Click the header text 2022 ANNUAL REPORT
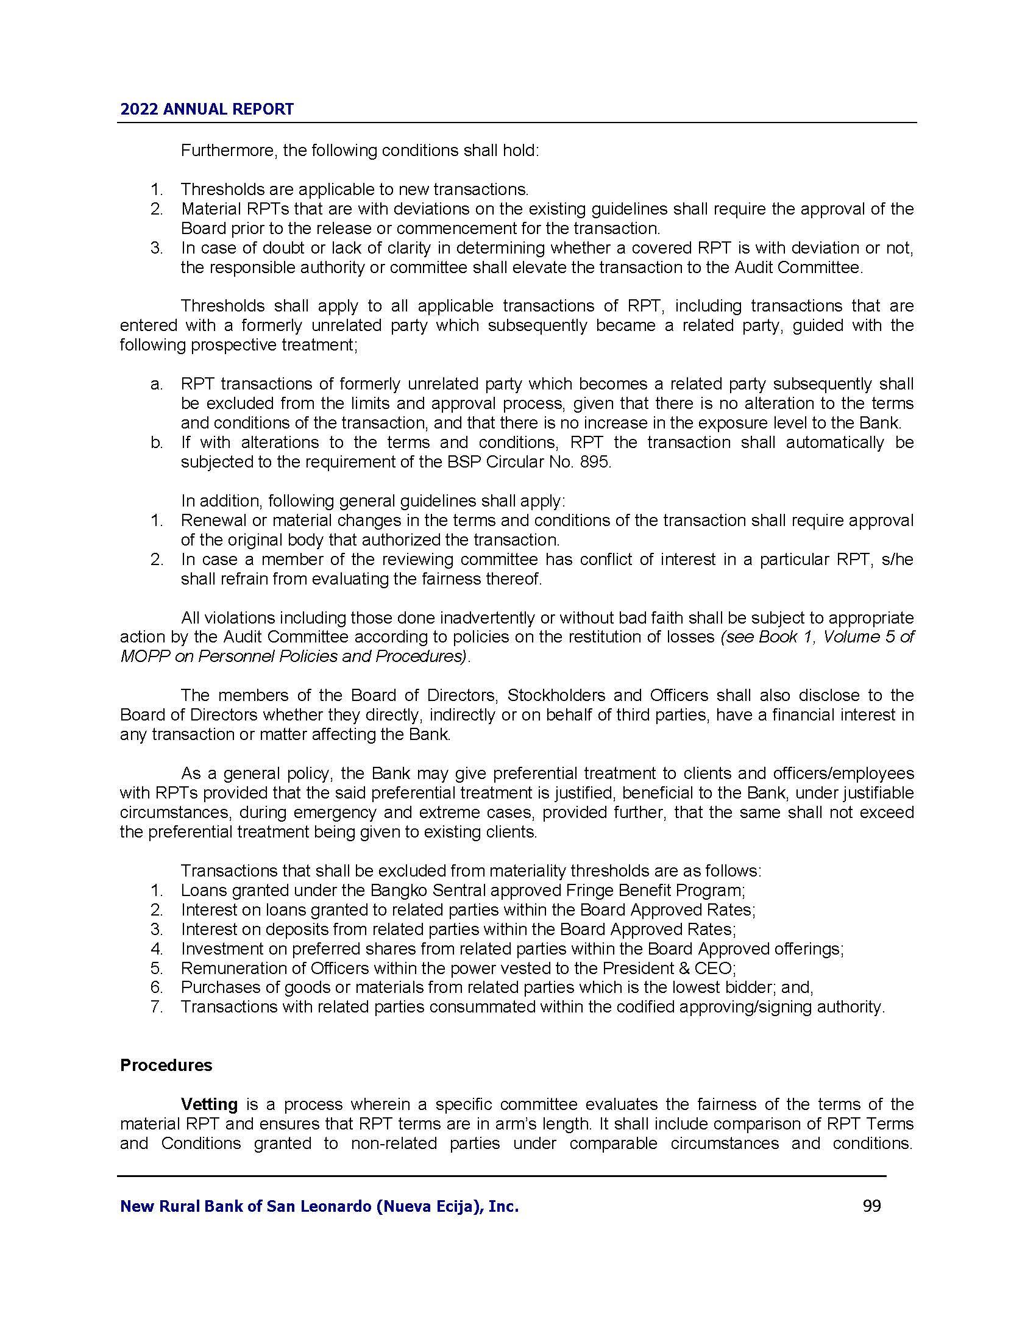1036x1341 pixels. (207, 109)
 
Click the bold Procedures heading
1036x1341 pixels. (166, 1065)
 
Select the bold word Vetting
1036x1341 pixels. (209, 1104)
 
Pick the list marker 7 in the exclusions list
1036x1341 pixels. (157, 1007)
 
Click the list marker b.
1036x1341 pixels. (157, 443)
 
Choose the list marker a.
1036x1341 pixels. (157, 385)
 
